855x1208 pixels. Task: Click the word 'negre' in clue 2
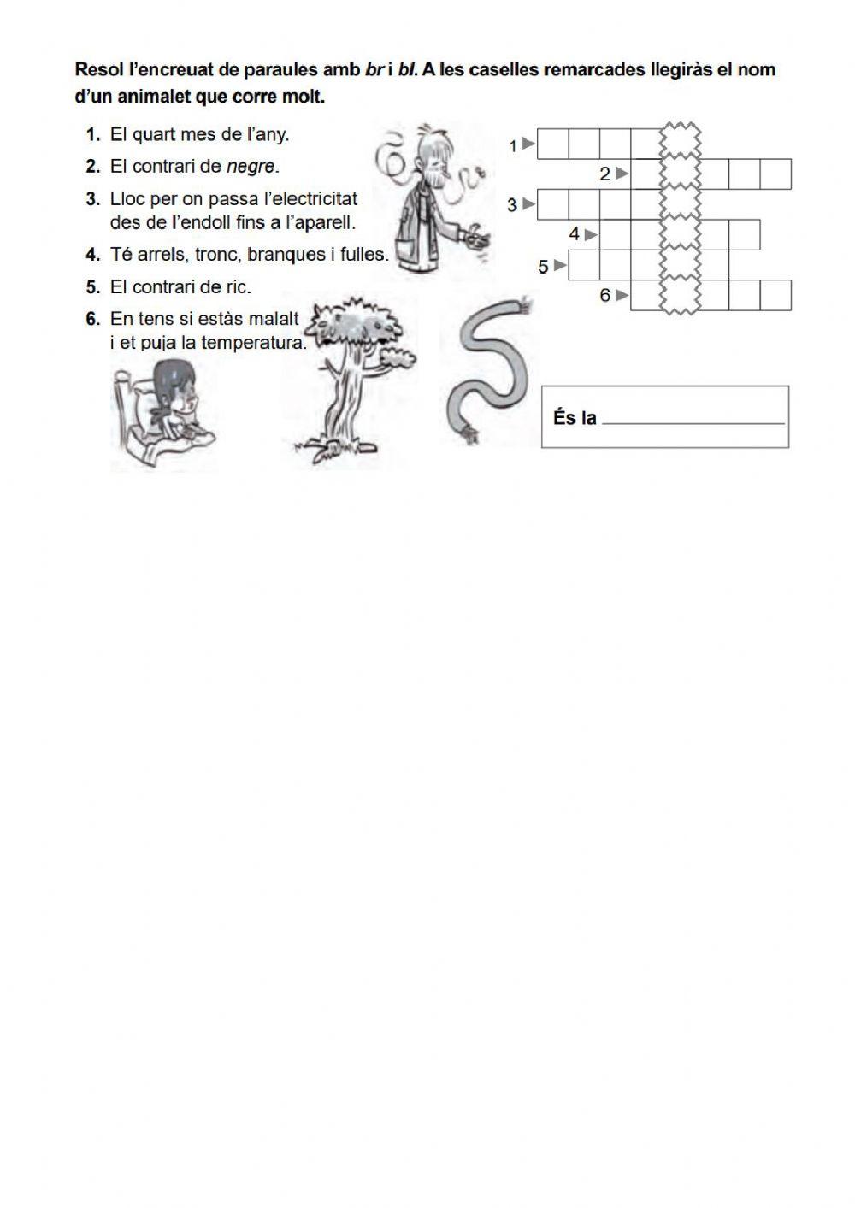pyautogui.click(x=251, y=166)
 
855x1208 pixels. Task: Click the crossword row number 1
pyautogui.click(x=513, y=146)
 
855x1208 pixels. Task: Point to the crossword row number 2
pyautogui.click(x=605, y=174)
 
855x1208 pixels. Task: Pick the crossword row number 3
pyautogui.click(x=512, y=205)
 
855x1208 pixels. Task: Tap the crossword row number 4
pyautogui.click(x=575, y=233)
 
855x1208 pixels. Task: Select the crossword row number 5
pyautogui.click(x=543, y=267)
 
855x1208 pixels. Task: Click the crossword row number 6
pyautogui.click(x=605, y=296)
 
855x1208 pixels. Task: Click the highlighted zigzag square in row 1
pyautogui.click(x=680, y=143)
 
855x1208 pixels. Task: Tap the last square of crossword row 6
pyautogui.click(x=775, y=295)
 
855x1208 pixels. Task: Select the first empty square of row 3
pyautogui.click(x=554, y=204)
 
